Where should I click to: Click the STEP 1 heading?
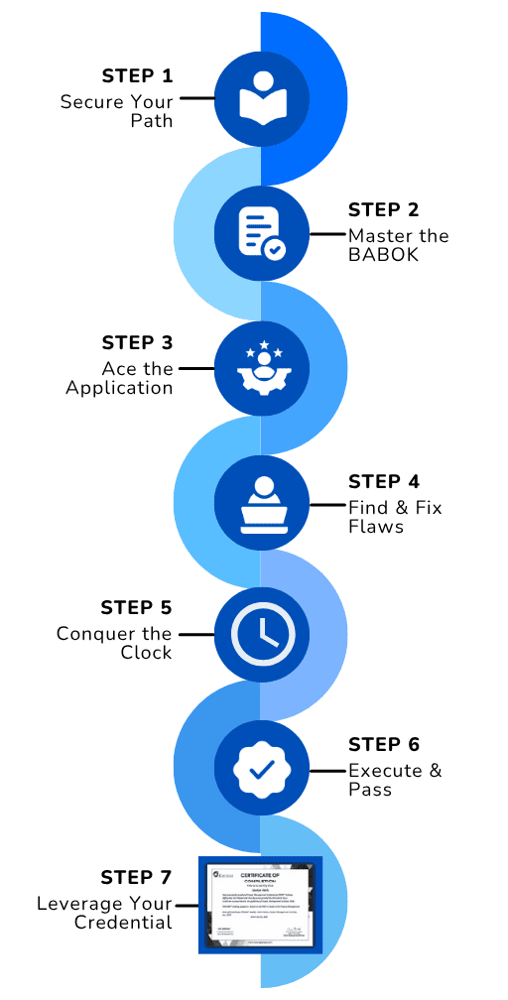coord(137,76)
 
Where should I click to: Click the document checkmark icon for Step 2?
coord(261,233)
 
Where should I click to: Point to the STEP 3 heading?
coord(137,343)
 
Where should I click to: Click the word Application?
coord(120,388)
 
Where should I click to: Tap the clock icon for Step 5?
coord(261,633)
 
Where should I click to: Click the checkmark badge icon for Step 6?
coord(261,769)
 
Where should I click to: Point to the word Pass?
coord(370,790)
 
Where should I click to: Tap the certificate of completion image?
coord(261,904)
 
